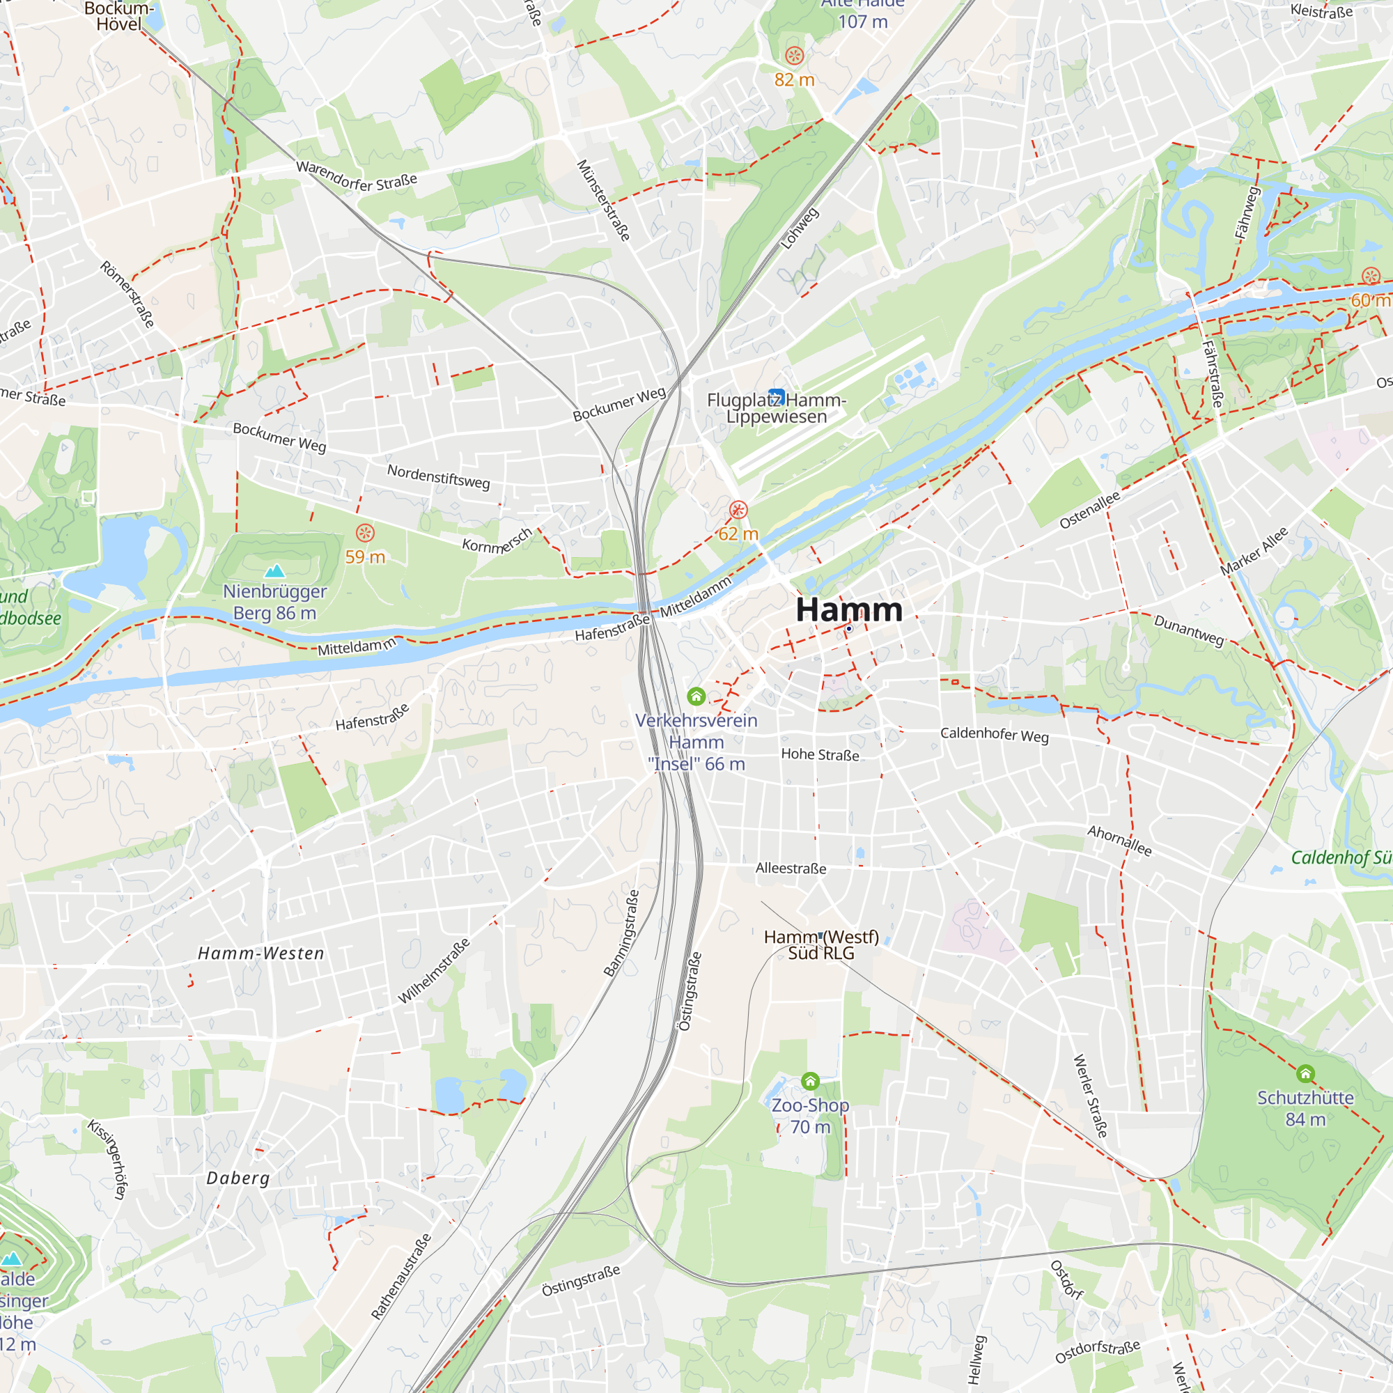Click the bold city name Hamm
click(848, 610)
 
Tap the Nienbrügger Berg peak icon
click(274, 571)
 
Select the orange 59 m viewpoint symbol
click(366, 533)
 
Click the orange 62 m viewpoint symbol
click(738, 510)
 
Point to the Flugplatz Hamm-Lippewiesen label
click(776, 408)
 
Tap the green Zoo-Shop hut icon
click(811, 1081)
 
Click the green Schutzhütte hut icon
click(1305, 1073)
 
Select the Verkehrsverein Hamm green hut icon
click(696, 696)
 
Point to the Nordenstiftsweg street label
click(438, 476)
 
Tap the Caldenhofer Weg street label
click(995, 734)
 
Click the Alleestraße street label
click(791, 868)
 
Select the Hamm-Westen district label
click(261, 954)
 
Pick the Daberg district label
click(238, 1178)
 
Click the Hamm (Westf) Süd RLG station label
click(821, 944)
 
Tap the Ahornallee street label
click(1120, 841)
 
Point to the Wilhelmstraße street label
click(434, 970)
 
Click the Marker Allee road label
click(1254, 552)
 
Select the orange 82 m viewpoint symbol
click(794, 56)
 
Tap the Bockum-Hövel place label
click(119, 16)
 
